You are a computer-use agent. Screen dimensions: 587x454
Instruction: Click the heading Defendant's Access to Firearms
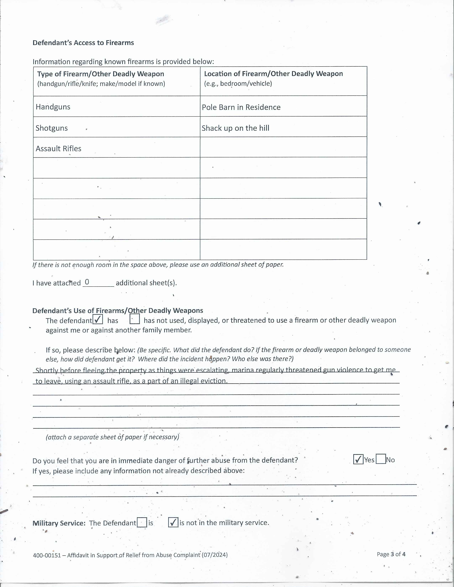(83, 43)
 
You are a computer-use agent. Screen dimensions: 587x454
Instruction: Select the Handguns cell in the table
(53, 107)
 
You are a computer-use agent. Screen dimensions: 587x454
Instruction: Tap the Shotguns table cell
(52, 128)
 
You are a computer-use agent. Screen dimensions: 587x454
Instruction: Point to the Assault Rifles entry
(58, 149)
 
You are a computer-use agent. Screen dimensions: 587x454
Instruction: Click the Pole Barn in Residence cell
(241, 107)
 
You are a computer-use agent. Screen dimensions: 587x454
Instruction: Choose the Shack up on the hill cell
(235, 128)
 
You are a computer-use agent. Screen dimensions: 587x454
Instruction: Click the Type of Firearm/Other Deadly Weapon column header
(101, 74)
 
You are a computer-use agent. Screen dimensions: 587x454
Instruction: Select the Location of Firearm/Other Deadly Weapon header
(273, 74)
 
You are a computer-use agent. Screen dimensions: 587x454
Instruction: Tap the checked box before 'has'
(98, 319)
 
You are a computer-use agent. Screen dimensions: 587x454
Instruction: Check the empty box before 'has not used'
(134, 319)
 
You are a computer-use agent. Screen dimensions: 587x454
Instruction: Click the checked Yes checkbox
(358, 459)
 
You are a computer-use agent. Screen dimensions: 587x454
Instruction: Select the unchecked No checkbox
(381, 459)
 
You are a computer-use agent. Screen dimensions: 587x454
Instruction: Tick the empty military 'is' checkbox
(142, 522)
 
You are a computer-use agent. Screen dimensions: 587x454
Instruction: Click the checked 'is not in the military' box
(173, 522)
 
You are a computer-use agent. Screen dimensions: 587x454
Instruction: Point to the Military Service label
(59, 523)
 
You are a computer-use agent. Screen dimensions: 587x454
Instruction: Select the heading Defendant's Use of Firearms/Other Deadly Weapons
(118, 311)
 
